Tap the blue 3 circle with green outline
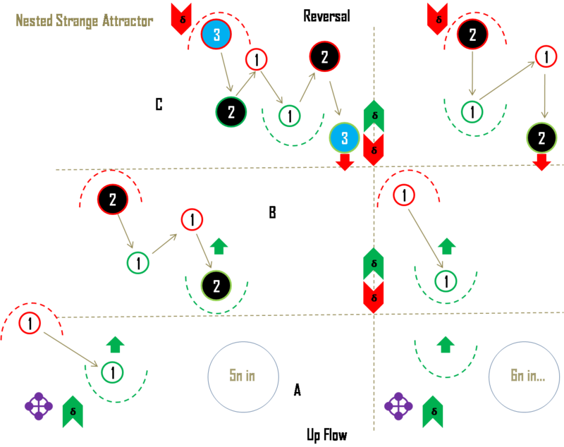click(x=345, y=138)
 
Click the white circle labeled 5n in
click(x=243, y=376)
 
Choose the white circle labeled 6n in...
click(x=524, y=376)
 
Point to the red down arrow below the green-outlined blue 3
click(x=345, y=163)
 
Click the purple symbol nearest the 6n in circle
click(x=398, y=406)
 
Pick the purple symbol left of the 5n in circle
click(x=38, y=406)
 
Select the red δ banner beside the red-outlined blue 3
click(x=181, y=18)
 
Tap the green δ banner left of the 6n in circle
click(x=433, y=412)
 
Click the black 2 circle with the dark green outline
click(x=231, y=111)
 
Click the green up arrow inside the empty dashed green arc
click(x=445, y=343)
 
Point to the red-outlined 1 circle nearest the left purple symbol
click(x=30, y=324)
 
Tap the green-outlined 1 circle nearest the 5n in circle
click(x=112, y=372)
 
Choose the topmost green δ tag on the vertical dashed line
click(x=374, y=114)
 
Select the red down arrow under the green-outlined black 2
click(x=541, y=163)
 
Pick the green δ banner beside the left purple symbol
click(x=73, y=412)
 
